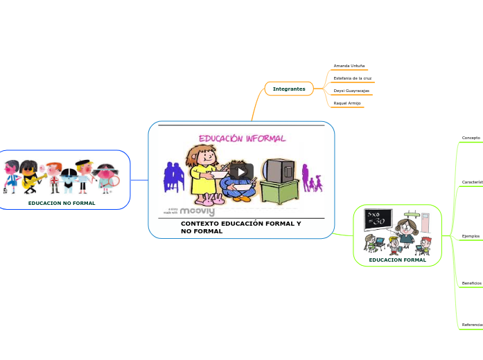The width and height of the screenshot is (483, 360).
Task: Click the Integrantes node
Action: point(289,89)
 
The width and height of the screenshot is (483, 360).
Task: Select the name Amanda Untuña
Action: point(349,66)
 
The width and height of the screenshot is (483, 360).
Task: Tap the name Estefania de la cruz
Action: point(352,78)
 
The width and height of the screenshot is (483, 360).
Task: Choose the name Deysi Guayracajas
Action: point(351,91)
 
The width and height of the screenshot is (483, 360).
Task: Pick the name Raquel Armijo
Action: point(346,103)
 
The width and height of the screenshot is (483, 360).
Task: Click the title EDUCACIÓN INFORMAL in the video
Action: point(243,138)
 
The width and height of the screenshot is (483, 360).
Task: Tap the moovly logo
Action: point(197,210)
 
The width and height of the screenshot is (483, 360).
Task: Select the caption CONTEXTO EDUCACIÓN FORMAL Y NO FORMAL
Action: point(240,227)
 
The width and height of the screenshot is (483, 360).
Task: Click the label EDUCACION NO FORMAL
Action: point(62,204)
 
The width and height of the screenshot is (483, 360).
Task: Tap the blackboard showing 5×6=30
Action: point(378,220)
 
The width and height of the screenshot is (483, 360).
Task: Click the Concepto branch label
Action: point(471,138)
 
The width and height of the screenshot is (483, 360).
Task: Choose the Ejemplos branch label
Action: point(471,236)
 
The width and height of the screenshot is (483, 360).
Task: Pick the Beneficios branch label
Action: point(471,283)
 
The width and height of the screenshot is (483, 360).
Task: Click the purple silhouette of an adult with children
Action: point(311,179)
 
